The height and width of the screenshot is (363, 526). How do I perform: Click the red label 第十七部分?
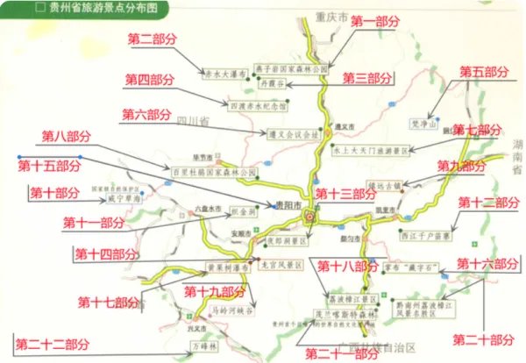(107, 302)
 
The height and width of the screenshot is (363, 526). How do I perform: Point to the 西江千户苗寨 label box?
(423, 236)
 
